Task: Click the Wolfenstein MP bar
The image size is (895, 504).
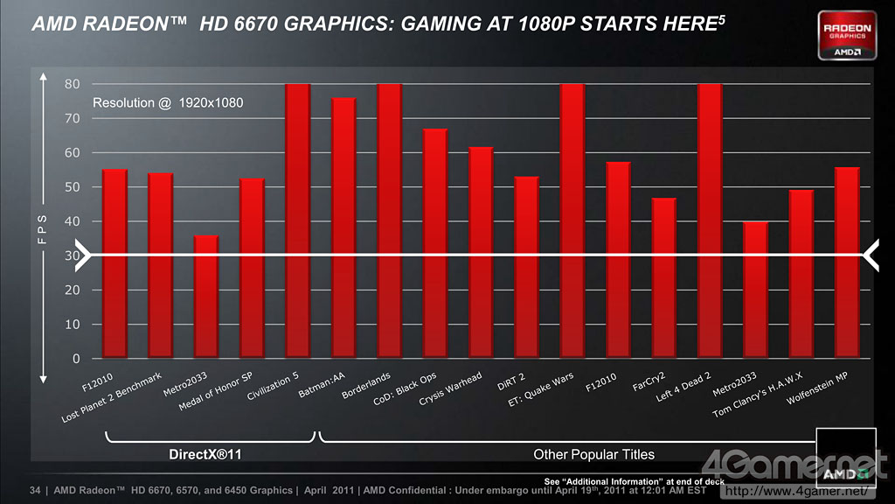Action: tap(847, 262)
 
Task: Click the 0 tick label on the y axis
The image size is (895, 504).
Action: tap(76, 359)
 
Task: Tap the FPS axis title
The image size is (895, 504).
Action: tap(41, 232)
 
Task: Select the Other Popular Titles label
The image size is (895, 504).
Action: tap(593, 454)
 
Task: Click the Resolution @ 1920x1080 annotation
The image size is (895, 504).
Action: tap(168, 103)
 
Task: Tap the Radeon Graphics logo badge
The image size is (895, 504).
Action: tap(847, 35)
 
